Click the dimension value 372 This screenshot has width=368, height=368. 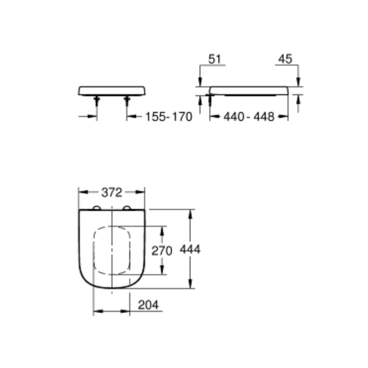(112, 192)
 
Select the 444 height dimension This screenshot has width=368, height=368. (190, 250)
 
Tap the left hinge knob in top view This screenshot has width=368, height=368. (97, 208)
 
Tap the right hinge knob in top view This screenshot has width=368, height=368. (127, 208)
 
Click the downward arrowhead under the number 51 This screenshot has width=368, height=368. (199, 82)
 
